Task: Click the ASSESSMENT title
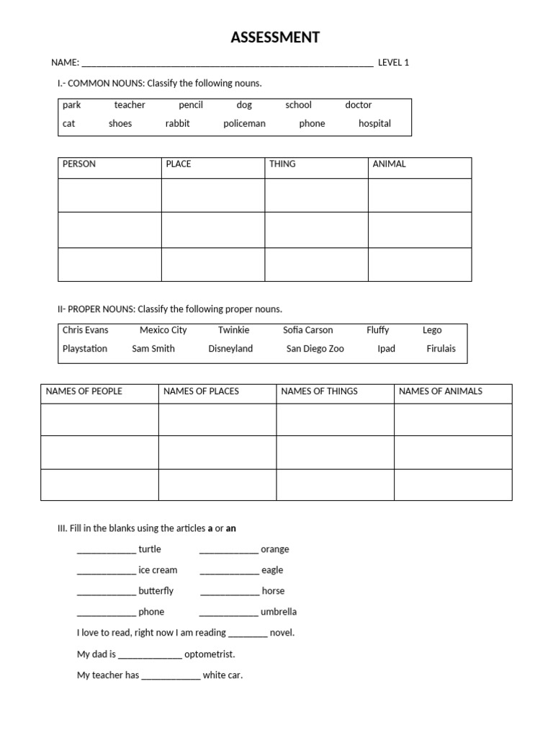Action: click(x=275, y=38)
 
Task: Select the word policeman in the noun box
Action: click(x=244, y=123)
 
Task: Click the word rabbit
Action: click(x=177, y=123)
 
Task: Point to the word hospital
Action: click(x=374, y=123)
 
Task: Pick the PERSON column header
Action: click(x=79, y=164)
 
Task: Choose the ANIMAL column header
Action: click(x=390, y=164)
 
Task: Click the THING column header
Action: click(x=282, y=164)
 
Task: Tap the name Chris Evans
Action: click(x=86, y=330)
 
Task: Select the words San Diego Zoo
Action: click(x=315, y=349)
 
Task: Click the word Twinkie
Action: click(x=234, y=330)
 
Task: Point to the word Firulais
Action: click(x=441, y=349)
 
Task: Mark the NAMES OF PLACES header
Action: click(x=201, y=391)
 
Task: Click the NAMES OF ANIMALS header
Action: click(x=441, y=391)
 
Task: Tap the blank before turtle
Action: click(x=107, y=551)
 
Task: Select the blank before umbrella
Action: click(x=228, y=613)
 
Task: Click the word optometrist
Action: click(x=210, y=654)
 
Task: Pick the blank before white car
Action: click(x=171, y=677)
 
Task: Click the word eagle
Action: click(x=272, y=570)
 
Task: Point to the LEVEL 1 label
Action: click(x=393, y=63)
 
